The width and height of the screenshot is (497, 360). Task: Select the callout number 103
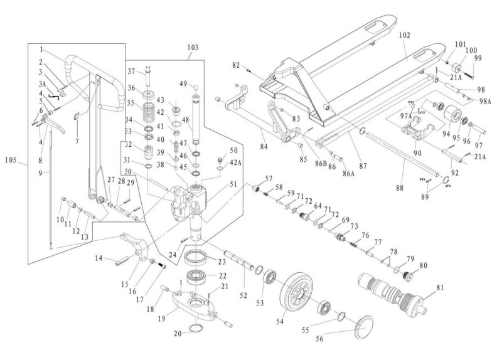(x=193, y=47)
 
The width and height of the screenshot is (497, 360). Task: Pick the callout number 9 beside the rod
(x=40, y=172)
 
